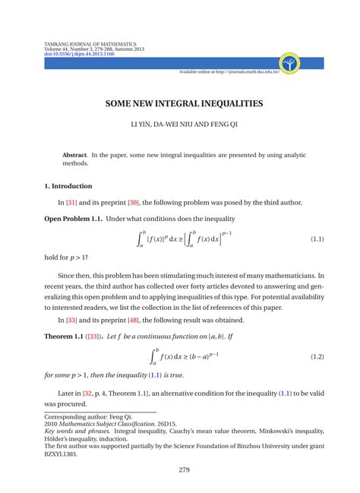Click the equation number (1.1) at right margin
(317, 239)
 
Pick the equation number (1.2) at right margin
(317, 356)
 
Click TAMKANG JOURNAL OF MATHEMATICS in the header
(90, 44)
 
